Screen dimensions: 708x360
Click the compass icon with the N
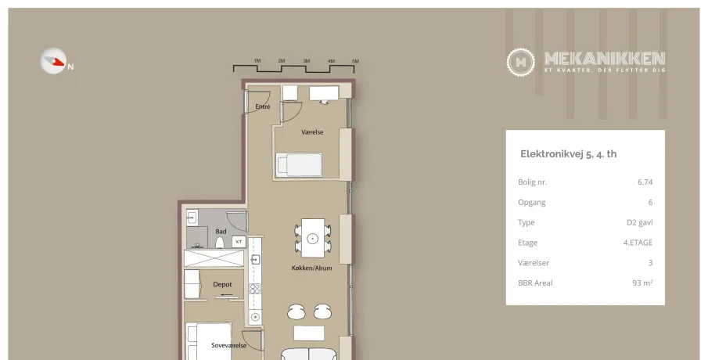click(x=54, y=61)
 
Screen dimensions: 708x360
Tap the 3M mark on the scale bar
click(x=307, y=61)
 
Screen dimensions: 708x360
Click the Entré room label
click(x=263, y=106)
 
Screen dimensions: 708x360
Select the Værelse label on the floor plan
click(x=312, y=132)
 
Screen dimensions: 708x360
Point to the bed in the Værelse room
click(x=299, y=164)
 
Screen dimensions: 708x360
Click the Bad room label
click(x=221, y=232)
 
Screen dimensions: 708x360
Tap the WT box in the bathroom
click(x=239, y=242)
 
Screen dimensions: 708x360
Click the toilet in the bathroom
click(x=220, y=243)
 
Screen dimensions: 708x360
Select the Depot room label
click(x=223, y=285)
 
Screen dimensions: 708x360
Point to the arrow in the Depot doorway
click(x=225, y=295)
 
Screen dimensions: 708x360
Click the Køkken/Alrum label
click(x=311, y=268)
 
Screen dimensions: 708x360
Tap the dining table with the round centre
click(x=313, y=238)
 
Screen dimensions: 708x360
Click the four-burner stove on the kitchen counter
click(x=255, y=289)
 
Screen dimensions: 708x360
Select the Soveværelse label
click(x=229, y=346)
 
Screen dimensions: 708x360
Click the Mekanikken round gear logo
click(x=520, y=62)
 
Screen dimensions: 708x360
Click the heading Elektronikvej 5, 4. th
click(x=569, y=154)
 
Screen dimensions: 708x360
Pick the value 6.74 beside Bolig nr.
click(x=645, y=182)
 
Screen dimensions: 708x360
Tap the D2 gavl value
click(x=640, y=222)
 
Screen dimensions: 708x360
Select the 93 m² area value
click(x=642, y=283)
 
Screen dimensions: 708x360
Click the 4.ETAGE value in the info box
click(x=638, y=243)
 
